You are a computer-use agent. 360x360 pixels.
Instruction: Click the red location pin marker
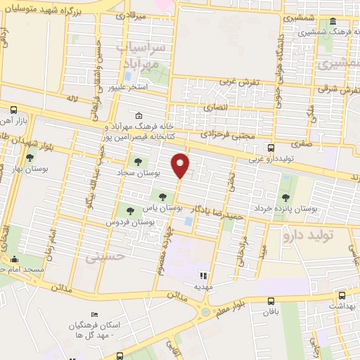point(181,165)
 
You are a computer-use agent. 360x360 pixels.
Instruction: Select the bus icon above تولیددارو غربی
point(271,148)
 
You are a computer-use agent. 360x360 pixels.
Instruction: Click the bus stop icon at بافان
point(271,300)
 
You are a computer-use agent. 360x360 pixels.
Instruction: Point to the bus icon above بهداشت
point(342,295)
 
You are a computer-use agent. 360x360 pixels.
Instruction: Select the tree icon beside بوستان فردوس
point(128,209)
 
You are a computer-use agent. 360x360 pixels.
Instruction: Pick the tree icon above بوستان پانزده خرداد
point(285,197)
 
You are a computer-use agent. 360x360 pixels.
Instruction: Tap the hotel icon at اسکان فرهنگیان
point(95,314)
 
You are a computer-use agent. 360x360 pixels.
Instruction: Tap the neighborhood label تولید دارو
point(307,235)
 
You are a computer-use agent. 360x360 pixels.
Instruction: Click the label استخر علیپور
point(127,88)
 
